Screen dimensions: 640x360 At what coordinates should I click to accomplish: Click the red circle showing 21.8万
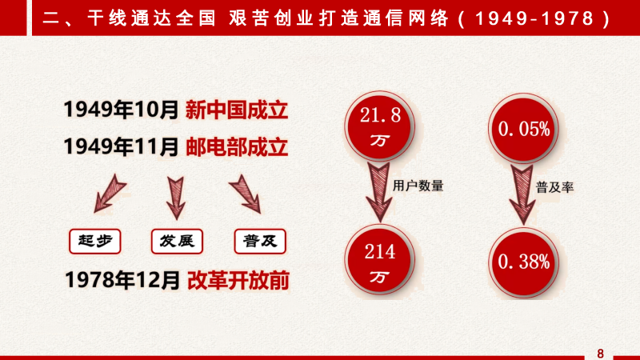point(379,126)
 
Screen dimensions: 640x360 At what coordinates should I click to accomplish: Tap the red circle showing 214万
point(379,259)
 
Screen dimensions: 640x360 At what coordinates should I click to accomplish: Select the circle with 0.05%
point(524,128)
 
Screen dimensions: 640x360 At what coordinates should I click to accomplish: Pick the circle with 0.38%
point(524,262)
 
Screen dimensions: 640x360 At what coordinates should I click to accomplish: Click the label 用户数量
point(418,186)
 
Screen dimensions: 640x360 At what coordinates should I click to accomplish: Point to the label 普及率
point(554,187)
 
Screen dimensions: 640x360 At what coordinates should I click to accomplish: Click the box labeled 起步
point(95,242)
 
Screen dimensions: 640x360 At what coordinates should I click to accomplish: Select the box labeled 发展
point(177,242)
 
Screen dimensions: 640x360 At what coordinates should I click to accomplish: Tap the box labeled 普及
point(260,242)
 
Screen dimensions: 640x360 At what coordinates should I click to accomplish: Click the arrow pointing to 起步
point(109,194)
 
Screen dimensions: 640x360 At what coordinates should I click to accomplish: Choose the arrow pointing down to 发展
point(176,198)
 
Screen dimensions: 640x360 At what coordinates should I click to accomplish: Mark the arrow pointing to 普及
point(246,194)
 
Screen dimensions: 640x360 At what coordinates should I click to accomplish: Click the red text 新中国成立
point(237,110)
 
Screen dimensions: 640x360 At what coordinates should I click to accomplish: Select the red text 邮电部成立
point(237,147)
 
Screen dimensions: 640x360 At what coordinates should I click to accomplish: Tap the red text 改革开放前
point(238,281)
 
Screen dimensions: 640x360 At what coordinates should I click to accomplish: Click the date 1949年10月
point(122,110)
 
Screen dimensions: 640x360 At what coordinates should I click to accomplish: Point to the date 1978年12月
point(122,280)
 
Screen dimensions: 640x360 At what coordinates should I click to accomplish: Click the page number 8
point(600,354)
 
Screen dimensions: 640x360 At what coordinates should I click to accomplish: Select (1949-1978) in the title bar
point(534,18)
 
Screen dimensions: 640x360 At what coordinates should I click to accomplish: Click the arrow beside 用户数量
point(378,193)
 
